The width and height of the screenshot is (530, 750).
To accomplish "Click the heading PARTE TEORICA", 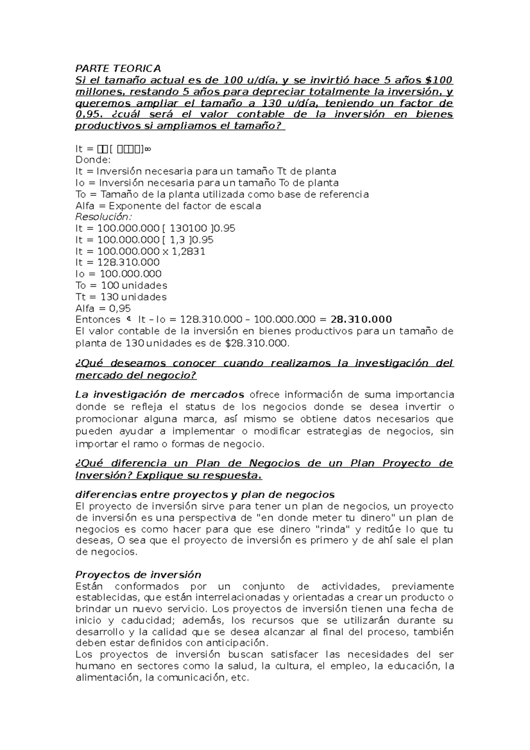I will click(118, 69).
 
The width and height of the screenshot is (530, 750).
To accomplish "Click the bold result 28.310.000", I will click(361, 320).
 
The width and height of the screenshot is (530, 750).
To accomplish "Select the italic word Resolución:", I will click(104, 217).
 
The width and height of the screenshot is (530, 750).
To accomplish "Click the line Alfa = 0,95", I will click(103, 308).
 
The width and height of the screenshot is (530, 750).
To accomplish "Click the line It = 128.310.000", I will click(117, 262).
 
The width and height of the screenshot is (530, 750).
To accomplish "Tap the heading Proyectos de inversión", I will click(138, 575).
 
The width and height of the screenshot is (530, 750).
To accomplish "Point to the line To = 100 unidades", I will click(121, 285).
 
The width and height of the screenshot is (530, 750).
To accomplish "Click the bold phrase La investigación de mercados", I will click(160, 394).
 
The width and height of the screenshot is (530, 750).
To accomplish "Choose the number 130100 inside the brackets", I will click(189, 228).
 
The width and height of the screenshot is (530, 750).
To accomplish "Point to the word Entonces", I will click(98, 320).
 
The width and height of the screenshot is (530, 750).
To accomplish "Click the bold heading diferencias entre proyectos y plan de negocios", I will click(205, 495).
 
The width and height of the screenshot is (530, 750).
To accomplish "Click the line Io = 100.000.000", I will click(118, 274).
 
